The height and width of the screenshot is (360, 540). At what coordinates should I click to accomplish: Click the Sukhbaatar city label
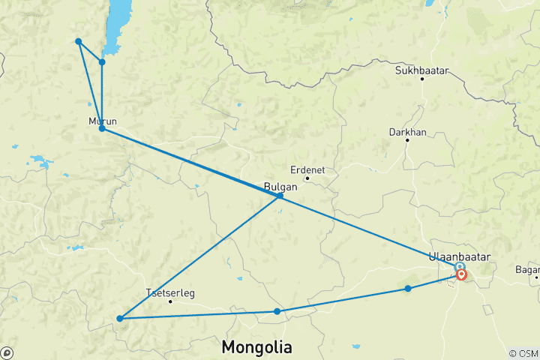[422, 70]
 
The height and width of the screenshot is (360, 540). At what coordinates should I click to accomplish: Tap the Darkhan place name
[407, 132]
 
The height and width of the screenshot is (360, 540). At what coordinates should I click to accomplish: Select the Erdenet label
[308, 169]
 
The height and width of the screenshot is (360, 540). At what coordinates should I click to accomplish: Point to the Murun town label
[103, 121]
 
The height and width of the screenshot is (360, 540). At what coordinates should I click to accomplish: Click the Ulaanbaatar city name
[459, 256]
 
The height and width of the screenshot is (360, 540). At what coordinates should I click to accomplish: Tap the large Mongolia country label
[257, 347]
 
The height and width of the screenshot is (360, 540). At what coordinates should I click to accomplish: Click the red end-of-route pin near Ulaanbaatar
[462, 275]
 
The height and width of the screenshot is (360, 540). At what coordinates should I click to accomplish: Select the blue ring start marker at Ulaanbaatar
[459, 267]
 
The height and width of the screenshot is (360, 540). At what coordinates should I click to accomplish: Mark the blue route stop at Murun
[102, 129]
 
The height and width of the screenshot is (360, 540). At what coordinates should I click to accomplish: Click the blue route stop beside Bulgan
[280, 196]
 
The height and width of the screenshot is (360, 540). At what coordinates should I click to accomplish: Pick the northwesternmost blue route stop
[78, 41]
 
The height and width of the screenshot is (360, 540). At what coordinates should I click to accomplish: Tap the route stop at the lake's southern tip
[102, 61]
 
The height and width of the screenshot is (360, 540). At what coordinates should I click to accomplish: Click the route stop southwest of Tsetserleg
[120, 319]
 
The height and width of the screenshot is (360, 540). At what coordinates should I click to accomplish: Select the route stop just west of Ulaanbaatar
[408, 288]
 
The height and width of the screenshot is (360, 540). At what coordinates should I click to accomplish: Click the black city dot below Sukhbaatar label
[422, 79]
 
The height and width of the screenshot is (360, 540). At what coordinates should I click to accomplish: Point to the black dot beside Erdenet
[307, 178]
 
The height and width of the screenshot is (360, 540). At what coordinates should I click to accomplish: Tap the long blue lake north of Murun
[117, 22]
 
